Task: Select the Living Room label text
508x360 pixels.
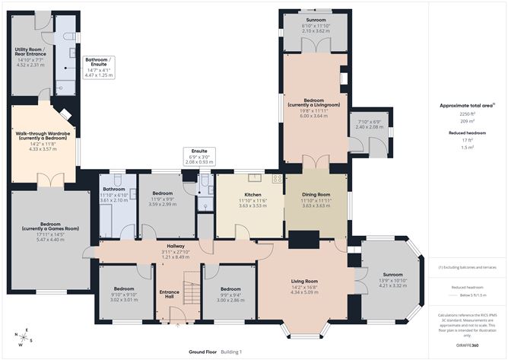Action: [x=304, y=281]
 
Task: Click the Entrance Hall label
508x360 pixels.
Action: [x=168, y=294]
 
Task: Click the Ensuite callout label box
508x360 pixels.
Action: [x=199, y=158]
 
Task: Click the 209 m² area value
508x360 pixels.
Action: [x=456, y=121]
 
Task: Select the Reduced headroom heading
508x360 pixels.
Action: [x=456, y=132]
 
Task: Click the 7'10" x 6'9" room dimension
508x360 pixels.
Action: [x=369, y=123]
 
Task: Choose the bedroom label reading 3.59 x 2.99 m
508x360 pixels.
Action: [x=162, y=200]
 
